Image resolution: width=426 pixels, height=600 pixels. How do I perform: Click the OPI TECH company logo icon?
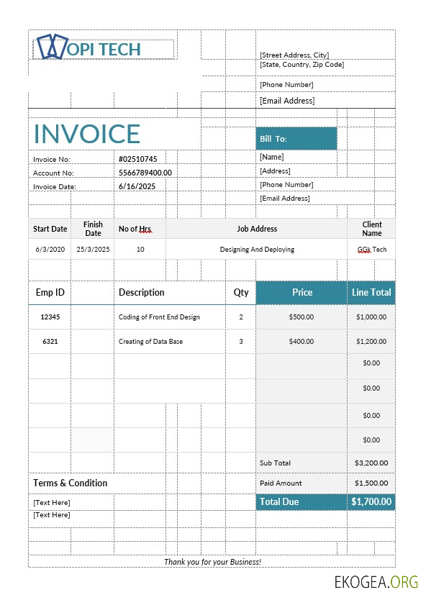[51, 47]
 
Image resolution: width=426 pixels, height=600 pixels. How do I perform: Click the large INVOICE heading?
[87, 134]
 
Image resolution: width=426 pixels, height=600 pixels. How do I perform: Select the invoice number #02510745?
[137, 159]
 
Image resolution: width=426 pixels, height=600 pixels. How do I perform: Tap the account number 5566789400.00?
[145, 173]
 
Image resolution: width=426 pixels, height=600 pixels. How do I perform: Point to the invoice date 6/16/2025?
[137, 186]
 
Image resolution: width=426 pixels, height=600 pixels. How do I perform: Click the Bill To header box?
[296, 139]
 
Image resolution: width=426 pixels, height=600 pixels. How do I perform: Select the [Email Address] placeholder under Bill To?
[284, 198]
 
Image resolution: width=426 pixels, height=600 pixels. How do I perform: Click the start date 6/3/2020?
[50, 249]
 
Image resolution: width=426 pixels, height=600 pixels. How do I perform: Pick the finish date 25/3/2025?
[93, 249]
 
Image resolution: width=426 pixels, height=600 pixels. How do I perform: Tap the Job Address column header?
[257, 229]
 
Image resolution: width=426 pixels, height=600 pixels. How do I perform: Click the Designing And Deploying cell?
[257, 250]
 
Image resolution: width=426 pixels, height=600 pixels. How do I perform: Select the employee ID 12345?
[50, 317]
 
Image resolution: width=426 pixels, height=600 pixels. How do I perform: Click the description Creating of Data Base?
[150, 342]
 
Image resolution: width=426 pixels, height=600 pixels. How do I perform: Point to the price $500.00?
[300, 317]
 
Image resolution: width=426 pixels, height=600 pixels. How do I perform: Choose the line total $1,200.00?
[371, 342]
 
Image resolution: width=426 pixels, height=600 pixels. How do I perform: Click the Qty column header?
[241, 293]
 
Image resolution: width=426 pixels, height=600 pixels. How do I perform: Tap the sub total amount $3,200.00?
[371, 463]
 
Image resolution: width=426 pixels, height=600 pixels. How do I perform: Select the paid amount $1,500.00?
[371, 483]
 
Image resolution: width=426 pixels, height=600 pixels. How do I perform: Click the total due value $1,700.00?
[371, 501]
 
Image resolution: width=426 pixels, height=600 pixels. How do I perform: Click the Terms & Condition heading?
[71, 483]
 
